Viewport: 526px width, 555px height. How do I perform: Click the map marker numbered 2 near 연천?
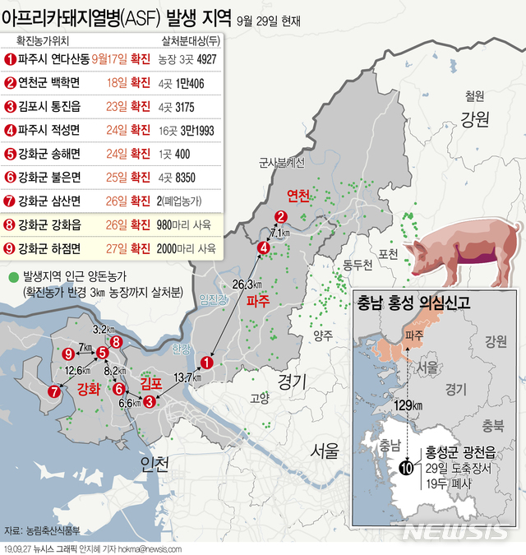[x=281, y=217]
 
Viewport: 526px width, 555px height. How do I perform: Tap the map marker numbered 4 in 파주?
[x=263, y=247]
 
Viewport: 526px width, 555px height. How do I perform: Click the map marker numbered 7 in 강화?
[x=54, y=391]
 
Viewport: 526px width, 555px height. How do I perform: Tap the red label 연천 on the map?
[x=298, y=195]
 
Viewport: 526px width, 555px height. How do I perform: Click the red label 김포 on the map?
[x=152, y=382]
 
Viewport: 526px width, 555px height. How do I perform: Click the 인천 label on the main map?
[x=150, y=465]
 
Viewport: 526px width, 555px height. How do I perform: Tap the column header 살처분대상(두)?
[x=192, y=39]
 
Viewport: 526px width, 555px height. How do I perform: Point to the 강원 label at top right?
[x=475, y=118]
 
